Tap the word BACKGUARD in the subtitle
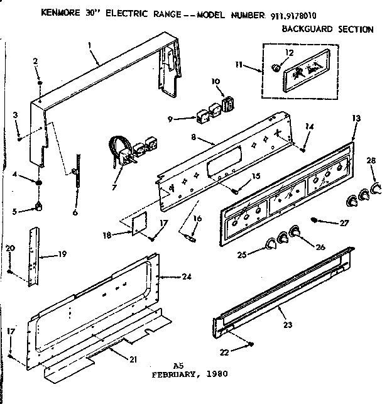307,29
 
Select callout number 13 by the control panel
356,118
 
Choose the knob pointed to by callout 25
271,244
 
